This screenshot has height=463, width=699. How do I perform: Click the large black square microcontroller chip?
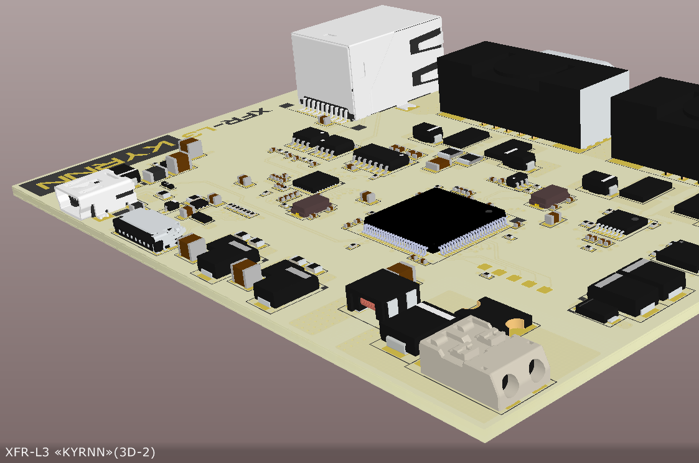click(x=434, y=220)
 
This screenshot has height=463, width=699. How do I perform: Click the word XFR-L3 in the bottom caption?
click(x=27, y=452)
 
